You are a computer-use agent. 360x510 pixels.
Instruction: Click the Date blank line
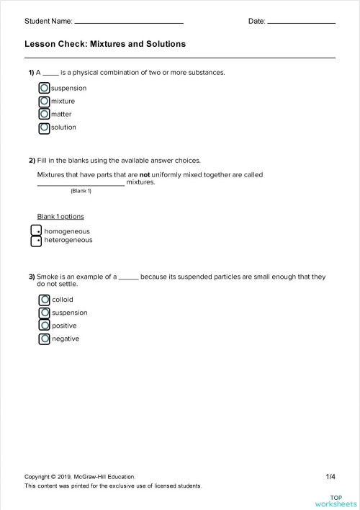coord(301,22)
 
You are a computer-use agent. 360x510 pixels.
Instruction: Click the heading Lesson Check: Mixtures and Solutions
coord(105,44)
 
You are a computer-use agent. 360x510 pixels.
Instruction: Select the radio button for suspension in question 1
coord(45,88)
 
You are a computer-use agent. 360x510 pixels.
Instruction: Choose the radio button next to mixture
coord(45,101)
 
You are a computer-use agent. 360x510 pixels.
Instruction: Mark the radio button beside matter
coord(45,114)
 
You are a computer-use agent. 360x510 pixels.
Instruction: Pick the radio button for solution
coord(45,127)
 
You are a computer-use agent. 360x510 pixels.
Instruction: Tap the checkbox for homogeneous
coord(36,231)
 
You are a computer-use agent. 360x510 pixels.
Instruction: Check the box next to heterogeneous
coord(36,241)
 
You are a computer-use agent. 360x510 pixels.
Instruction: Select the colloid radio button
coord(45,300)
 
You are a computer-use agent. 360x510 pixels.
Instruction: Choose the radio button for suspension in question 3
coord(45,313)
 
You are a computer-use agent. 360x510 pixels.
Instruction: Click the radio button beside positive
coord(45,326)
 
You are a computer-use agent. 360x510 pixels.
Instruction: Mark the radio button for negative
coord(45,339)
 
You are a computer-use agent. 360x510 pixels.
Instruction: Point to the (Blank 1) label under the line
coord(81,191)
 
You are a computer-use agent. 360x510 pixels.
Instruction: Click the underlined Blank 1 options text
coord(60,216)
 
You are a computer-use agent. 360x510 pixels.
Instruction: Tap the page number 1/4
coord(330,476)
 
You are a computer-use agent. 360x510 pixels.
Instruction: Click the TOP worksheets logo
coord(336,501)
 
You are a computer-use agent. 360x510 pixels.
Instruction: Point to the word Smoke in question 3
coord(48,277)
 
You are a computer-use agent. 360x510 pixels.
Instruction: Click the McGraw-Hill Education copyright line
coord(79,476)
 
